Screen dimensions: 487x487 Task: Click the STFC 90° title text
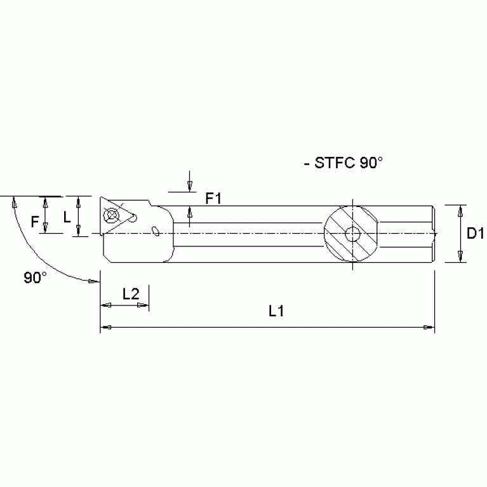[x=344, y=163]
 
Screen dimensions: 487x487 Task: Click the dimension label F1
[x=213, y=199]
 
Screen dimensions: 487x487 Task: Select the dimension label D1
[x=475, y=234]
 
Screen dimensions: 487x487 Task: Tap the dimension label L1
[x=276, y=312]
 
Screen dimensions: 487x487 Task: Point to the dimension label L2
[x=130, y=293]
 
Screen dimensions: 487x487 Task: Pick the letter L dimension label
[x=66, y=217]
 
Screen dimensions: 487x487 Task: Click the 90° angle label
[x=35, y=277]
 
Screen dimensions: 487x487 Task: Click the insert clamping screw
[x=114, y=215]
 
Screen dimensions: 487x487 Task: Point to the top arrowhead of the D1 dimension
[x=460, y=210]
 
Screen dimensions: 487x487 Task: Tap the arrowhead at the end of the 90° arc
[x=94, y=281]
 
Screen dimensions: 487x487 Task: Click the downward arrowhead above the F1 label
[x=190, y=185]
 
